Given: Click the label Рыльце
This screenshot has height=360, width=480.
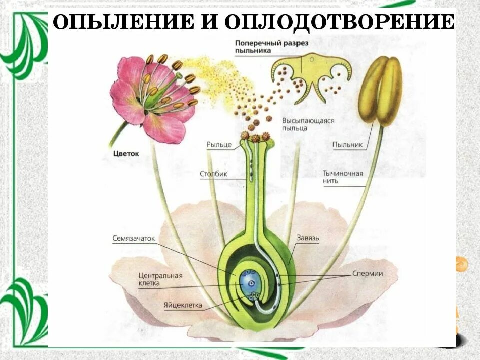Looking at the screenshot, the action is click(x=219, y=145).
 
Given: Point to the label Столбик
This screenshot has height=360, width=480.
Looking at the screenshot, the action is click(x=214, y=174).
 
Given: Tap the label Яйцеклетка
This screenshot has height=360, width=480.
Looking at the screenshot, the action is click(x=181, y=304).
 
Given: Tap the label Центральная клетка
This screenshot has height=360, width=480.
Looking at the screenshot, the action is click(x=161, y=279).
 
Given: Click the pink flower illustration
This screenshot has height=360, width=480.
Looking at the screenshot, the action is click(x=150, y=95).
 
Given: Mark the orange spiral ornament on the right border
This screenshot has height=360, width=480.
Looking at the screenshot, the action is click(x=461, y=264).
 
